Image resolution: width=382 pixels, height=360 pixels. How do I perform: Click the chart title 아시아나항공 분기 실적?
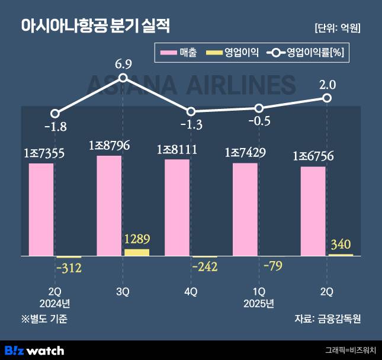(x=95, y=27)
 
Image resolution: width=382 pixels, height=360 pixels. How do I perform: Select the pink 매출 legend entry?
(x=181, y=53)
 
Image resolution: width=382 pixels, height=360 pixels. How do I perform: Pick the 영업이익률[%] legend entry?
(x=306, y=53)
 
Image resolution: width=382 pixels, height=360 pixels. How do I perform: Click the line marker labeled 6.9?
(x=123, y=78)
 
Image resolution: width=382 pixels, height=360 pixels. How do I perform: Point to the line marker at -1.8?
(x=55, y=114)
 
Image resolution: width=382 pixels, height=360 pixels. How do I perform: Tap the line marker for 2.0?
(x=326, y=98)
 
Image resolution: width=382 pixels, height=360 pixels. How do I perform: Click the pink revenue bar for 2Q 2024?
(x=41, y=210)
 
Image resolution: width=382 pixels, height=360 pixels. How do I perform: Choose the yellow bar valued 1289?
(x=137, y=252)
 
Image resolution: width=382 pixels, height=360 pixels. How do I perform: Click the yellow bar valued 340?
(x=341, y=255)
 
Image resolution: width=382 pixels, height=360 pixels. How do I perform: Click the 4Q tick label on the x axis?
(x=191, y=292)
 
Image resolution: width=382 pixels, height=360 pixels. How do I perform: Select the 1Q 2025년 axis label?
(x=259, y=298)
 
